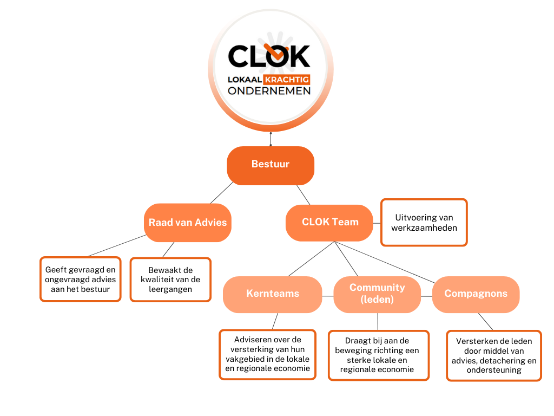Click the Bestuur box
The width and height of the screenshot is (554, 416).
coord(271,165)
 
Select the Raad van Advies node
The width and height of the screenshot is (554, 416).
coord(188,223)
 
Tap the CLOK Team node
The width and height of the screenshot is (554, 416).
coord(329,223)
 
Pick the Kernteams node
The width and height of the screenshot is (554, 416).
coord(273,294)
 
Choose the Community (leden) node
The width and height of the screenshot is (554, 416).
coord(377,294)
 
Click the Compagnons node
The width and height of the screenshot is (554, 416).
coord(476,294)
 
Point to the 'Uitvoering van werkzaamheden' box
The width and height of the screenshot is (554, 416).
coord(424,223)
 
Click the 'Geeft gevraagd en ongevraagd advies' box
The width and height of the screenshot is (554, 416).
coord(81,279)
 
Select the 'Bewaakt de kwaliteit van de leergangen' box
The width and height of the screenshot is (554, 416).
coord(170,279)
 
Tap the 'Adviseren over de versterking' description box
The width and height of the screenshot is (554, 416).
coord(267,355)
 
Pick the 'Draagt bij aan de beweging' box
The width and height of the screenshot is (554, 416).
coord(379,355)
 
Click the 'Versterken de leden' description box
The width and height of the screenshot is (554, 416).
coord(493,355)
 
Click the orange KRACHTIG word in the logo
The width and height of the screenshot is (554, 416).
coord(291,80)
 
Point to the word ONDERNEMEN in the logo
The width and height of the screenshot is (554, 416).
coord(269,91)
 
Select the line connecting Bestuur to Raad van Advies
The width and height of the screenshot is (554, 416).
coord(222,192)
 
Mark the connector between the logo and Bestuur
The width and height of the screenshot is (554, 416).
coord(271,139)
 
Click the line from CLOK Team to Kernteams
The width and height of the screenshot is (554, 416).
coord(311,259)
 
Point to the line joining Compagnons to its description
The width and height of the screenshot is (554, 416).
coord(485,322)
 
